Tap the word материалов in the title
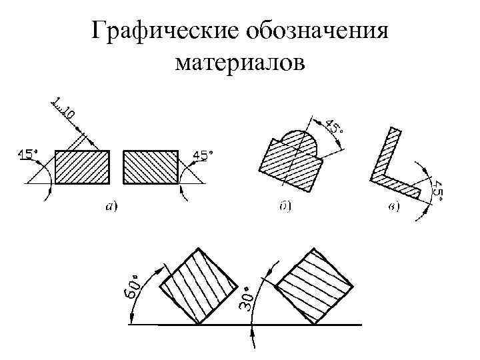coord(240,63)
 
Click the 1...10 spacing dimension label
coord(63,109)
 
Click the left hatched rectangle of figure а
coord(82,167)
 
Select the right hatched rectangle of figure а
coord(150,167)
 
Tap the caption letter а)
coord(111,207)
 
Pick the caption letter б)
coord(284,207)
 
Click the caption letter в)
coord(393,207)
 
